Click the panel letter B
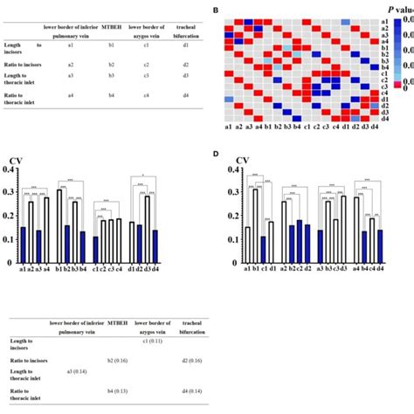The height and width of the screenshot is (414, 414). click(217, 10)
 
